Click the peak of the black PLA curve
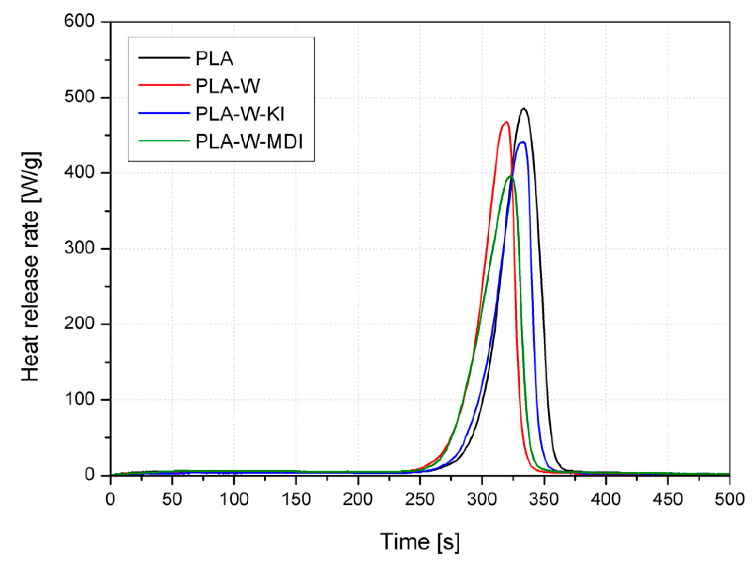click(x=523, y=108)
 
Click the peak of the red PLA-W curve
click(x=506, y=122)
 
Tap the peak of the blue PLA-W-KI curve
click(x=523, y=142)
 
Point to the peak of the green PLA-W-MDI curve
click(x=511, y=176)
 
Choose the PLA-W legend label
click(x=228, y=86)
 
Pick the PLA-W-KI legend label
click(x=240, y=114)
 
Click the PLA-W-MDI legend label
click(x=249, y=141)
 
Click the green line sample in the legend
click(x=164, y=140)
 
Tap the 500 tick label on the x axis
click(x=729, y=499)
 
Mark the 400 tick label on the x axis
click(x=606, y=499)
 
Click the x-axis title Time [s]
click(x=419, y=541)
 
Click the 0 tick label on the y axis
click(x=89, y=475)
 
